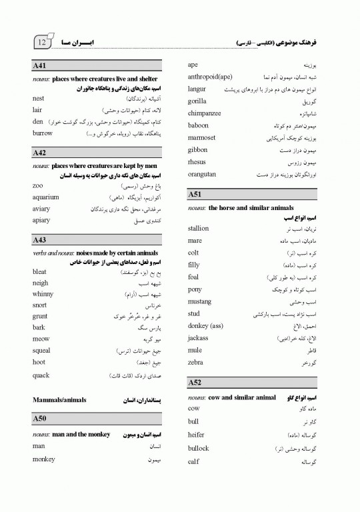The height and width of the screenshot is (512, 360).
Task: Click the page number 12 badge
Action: pos(42,42)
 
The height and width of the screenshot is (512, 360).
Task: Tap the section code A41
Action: pos(39,67)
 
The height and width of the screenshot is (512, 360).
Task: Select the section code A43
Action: pos(39,239)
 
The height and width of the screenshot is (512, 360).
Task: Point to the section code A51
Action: pos(195,194)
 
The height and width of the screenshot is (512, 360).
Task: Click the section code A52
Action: pos(195,383)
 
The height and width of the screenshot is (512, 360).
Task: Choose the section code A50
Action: pos(39,419)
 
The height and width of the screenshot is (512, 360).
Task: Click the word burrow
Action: pos(43,133)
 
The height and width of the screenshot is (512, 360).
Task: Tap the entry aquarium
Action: pos(46,197)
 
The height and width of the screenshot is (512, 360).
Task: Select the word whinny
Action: pos(43,294)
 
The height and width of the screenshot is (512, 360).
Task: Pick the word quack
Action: pos(41,375)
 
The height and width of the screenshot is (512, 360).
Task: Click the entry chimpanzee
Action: pos(205,113)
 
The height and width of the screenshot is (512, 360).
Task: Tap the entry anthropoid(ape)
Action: pos(210,77)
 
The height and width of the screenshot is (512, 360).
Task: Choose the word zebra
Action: pos(195,362)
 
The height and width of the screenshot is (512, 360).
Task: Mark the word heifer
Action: pos(197,434)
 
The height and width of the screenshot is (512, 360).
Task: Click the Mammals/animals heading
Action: pos(59,400)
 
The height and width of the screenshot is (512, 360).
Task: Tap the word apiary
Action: pos(41,220)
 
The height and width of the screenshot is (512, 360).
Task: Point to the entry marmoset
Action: pos(202,138)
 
